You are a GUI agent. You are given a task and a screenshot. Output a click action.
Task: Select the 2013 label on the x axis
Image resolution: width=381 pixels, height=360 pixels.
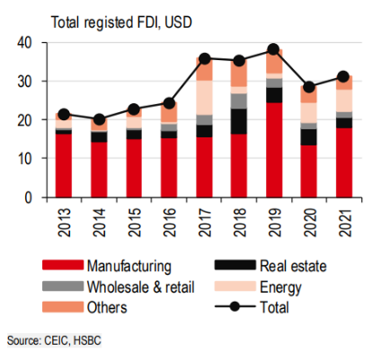point(64,220)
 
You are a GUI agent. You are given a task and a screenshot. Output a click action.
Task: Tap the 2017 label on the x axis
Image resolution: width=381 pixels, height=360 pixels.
point(204,220)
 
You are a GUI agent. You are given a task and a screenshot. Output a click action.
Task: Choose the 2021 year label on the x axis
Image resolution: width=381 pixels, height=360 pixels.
point(345,220)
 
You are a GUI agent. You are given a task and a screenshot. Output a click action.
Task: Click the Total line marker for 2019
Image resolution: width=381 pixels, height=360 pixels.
point(274,49)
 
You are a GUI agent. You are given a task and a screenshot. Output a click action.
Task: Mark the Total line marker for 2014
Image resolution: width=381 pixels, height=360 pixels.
point(99,119)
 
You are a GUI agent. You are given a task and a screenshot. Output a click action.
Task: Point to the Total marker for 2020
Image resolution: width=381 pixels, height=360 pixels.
point(309,87)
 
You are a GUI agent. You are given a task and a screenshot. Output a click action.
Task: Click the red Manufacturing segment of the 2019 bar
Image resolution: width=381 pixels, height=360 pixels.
point(274,149)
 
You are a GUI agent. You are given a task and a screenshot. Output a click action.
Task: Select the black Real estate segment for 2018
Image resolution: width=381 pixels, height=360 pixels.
point(239,121)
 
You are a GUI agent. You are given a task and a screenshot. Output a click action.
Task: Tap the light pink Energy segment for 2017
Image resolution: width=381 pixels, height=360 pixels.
point(204,97)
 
